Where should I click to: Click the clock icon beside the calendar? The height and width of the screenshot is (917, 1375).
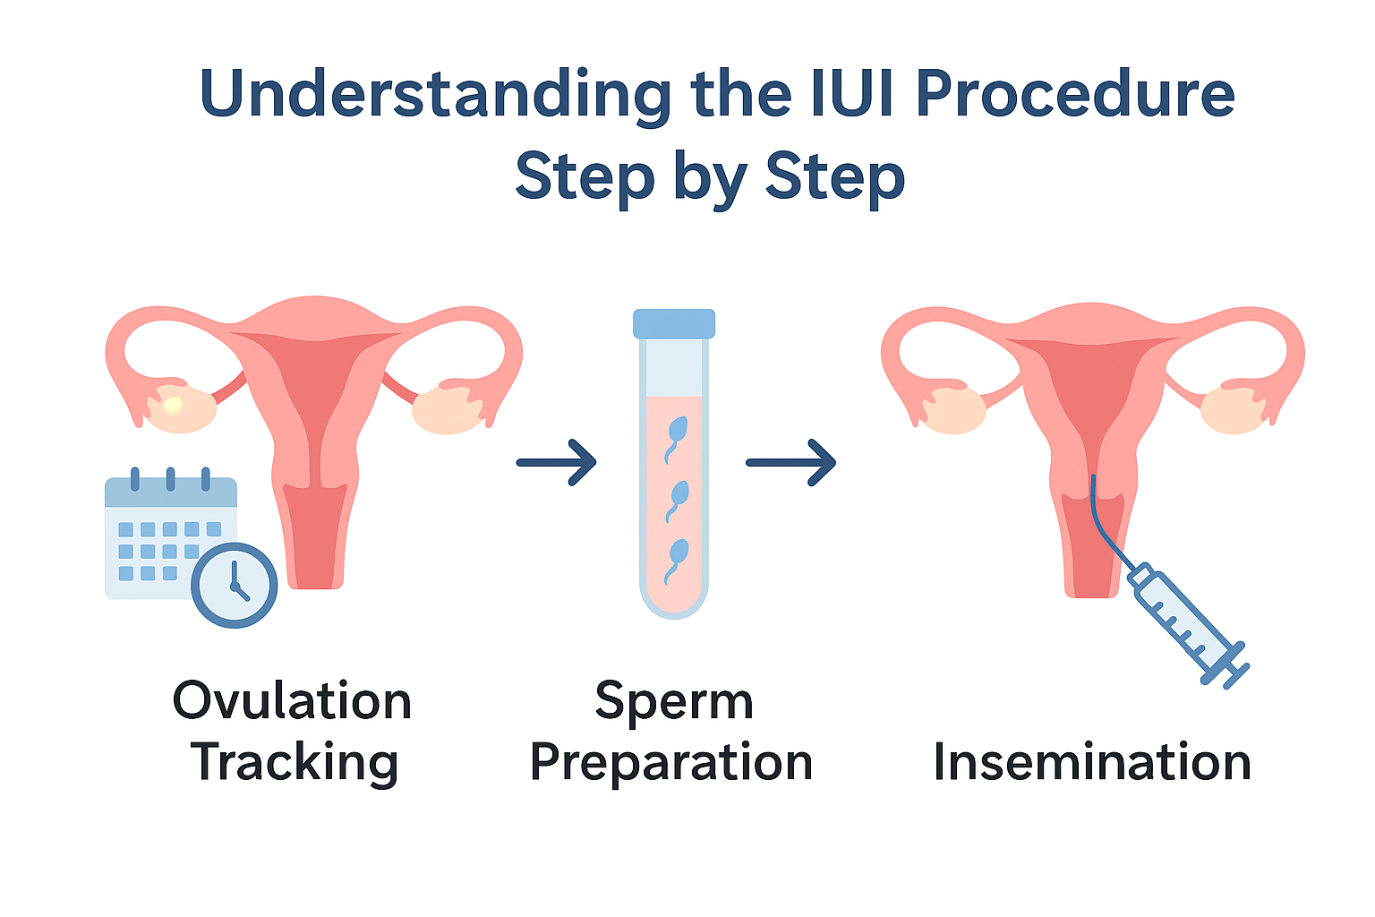235,585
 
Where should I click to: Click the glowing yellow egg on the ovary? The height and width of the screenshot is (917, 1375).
173,405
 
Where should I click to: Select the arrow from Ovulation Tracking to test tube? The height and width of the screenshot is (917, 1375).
556,462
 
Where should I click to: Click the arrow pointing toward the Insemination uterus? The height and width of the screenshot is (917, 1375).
790,462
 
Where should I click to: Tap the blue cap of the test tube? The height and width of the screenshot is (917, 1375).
674,323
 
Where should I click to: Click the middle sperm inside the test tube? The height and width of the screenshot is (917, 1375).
678,496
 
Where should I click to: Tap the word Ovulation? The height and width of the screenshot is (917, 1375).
292,700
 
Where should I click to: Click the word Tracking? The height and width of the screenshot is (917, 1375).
295,763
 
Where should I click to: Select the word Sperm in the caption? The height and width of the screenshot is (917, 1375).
674,700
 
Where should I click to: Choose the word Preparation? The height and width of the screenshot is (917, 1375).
671,763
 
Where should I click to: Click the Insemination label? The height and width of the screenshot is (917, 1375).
1092,763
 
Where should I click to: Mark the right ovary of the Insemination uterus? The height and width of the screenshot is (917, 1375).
1233,409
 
